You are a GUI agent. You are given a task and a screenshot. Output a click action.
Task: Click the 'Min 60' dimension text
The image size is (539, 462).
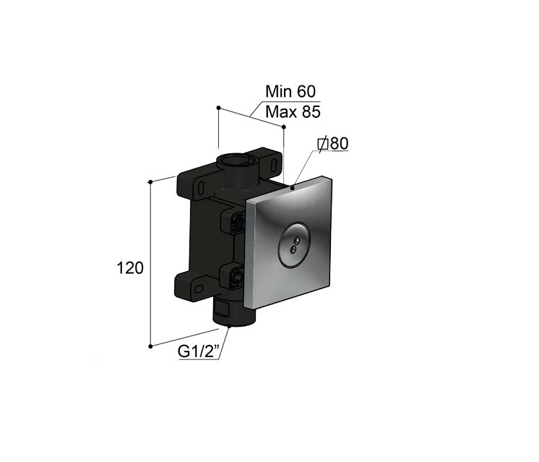[290, 92]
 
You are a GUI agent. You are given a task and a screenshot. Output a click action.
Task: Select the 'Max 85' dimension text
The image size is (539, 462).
[293, 112]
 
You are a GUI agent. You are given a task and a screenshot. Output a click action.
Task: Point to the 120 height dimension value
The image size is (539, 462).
[130, 268]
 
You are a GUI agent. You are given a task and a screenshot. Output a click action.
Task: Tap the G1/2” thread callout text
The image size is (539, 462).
[199, 351]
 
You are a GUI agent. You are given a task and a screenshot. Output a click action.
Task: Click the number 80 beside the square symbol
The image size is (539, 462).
[339, 143]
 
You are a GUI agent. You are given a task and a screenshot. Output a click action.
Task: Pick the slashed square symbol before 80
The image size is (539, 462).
[323, 144]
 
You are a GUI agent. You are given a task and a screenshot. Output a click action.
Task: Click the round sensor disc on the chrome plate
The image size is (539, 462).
[294, 244]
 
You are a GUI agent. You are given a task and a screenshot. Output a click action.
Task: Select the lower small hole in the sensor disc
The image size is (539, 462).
[293, 249]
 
